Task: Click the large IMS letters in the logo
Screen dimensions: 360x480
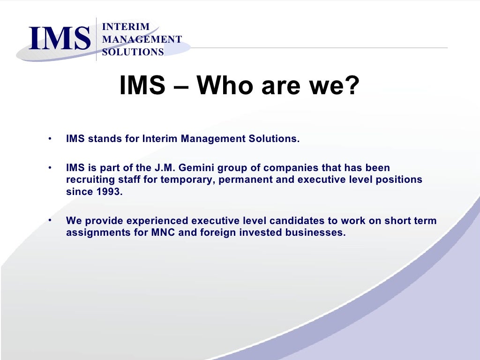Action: tap(59, 38)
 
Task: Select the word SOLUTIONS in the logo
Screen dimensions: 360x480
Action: tap(133, 52)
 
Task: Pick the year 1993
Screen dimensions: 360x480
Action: tap(111, 192)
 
